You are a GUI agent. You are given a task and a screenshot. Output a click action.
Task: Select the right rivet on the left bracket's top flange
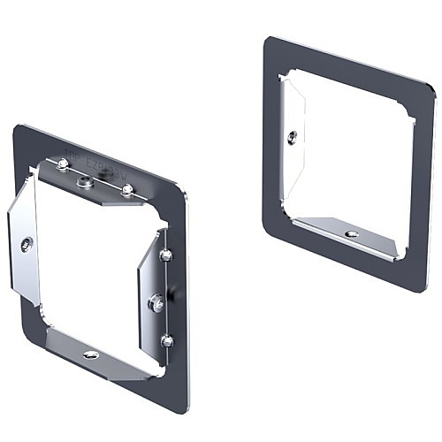(x=127, y=189)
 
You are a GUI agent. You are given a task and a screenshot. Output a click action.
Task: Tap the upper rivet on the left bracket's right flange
(x=164, y=255)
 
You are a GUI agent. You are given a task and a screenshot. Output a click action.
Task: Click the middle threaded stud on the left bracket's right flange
(x=157, y=301)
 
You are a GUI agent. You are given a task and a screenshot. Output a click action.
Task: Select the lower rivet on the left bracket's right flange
(x=166, y=339)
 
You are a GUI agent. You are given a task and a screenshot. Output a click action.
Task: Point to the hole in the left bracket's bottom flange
(x=90, y=354)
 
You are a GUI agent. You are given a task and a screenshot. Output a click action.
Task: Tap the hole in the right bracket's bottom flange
(x=352, y=233)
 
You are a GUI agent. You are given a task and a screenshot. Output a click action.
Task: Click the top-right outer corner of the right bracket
(x=433, y=91)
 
